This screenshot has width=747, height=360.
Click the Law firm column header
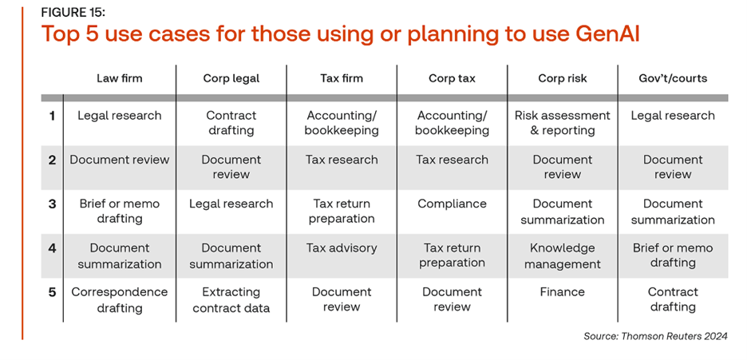tap(119, 78)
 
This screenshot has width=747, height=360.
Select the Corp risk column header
tap(562, 78)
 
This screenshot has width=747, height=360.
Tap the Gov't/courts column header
tap(673, 78)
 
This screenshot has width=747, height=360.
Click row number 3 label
tap(53, 204)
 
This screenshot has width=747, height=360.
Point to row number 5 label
tap(53, 292)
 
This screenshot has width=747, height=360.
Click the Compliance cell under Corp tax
tap(452, 204)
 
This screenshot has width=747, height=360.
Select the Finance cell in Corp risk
tap(562, 292)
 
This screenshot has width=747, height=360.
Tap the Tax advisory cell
tap(341, 248)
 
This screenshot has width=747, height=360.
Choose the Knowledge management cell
tap(562, 255)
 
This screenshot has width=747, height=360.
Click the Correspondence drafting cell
tap(119, 300)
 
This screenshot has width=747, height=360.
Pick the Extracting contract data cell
tap(231, 300)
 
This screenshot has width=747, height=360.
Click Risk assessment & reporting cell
tap(562, 123)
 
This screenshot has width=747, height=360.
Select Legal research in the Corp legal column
tap(231, 204)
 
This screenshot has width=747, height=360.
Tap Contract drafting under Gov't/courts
tap(673, 300)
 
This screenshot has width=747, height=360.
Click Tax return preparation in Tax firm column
tap(341, 212)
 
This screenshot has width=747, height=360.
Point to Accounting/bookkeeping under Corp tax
tap(452, 123)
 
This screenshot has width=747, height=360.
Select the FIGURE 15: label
tap(73, 13)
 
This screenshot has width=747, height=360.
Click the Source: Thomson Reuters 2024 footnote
tap(655, 337)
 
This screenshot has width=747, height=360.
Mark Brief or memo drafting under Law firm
tap(119, 212)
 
